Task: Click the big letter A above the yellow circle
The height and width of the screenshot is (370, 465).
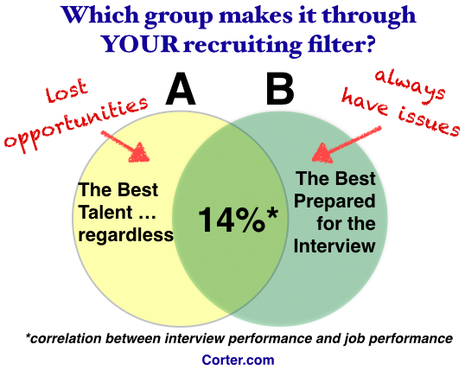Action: pyautogui.click(x=181, y=89)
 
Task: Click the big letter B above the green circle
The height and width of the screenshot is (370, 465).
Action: pyautogui.click(x=280, y=89)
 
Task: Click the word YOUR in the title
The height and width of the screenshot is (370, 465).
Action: pyautogui.click(x=140, y=44)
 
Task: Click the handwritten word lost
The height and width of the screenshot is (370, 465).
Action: pyautogui.click(x=67, y=90)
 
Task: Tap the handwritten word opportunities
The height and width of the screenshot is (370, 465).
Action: pyautogui.click(x=75, y=124)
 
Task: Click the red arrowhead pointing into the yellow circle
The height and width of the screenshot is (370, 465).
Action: pyautogui.click(x=139, y=152)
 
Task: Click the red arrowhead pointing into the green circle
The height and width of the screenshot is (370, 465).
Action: pyautogui.click(x=322, y=153)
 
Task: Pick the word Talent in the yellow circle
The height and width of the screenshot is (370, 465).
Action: pyautogui.click(x=105, y=213)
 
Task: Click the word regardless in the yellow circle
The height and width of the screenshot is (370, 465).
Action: pyautogui.click(x=125, y=236)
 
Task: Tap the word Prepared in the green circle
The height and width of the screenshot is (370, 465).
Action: pyautogui.click(x=334, y=201)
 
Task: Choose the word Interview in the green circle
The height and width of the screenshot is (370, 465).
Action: pyautogui.click(x=334, y=246)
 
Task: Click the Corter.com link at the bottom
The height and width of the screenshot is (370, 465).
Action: pyautogui.click(x=238, y=360)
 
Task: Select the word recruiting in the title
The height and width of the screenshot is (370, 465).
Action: pyautogui.click(x=243, y=45)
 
